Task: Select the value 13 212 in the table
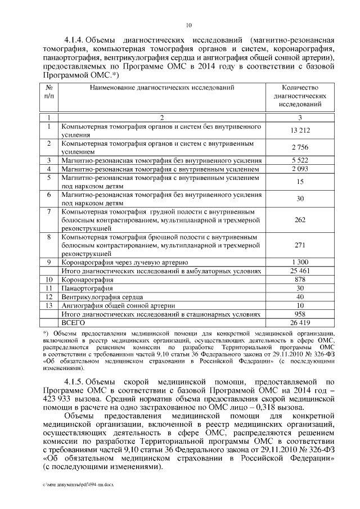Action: (299, 131)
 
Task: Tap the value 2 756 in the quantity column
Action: (299, 147)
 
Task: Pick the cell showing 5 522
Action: (299, 160)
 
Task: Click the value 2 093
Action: (299, 169)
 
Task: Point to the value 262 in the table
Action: (299, 220)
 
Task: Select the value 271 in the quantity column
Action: (299, 245)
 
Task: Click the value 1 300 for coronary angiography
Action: (299, 262)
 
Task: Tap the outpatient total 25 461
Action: (299, 271)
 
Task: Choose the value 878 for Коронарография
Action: (299, 279)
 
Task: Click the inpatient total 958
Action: (299, 313)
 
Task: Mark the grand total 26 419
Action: (299, 322)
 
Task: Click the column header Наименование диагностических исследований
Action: (161, 88)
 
